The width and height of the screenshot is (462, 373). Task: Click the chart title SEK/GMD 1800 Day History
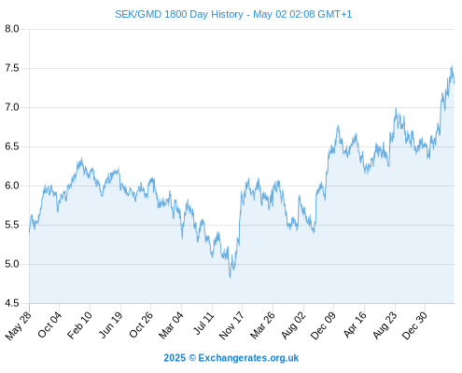coord(179,14)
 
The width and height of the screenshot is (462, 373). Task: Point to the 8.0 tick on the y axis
coord(12,29)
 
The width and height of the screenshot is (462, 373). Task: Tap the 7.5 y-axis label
coord(12,68)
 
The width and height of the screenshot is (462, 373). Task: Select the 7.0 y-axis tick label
coord(12,107)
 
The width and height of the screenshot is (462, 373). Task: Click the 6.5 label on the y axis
coord(12,146)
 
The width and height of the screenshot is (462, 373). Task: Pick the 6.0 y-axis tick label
coord(12,186)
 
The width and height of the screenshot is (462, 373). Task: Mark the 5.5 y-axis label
coord(12,225)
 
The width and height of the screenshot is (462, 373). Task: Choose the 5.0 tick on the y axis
coord(12,264)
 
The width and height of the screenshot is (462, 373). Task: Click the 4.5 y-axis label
coord(12,303)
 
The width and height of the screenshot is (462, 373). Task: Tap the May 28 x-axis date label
coord(19,325)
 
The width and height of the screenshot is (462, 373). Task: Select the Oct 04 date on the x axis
coord(49,325)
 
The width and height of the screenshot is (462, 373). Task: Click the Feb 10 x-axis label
coord(80,325)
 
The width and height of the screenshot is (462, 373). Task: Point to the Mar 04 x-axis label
coord(172,325)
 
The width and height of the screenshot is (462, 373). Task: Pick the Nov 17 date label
coord(231,325)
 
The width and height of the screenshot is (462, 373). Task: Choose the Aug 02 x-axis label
coord(294,325)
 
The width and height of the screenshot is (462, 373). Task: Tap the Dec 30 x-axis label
coord(414,325)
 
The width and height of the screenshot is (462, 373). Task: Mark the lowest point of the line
coord(231,278)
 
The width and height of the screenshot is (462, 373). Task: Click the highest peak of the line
coord(452,65)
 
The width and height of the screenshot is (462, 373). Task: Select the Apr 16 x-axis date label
coord(355,325)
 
